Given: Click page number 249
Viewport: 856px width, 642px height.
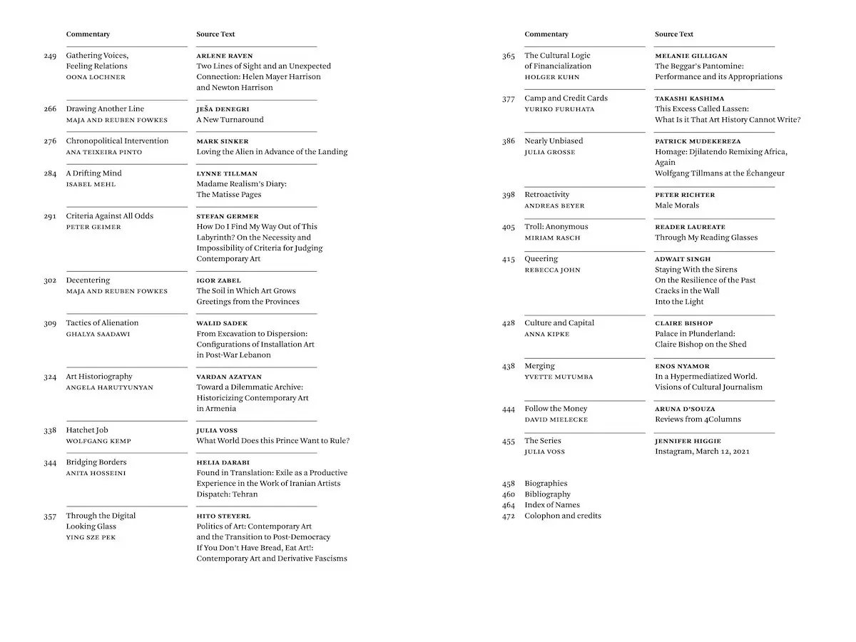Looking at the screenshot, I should [50, 56].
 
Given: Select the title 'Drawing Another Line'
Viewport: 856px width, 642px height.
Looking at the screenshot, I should [105, 109].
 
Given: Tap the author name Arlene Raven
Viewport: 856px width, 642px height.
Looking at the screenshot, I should [225, 56].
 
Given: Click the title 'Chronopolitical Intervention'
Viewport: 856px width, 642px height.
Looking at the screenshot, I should [117, 141].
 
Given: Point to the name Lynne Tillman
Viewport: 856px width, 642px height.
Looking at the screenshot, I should [227, 173].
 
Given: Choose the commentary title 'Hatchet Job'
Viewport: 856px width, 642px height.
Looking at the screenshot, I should [87, 430].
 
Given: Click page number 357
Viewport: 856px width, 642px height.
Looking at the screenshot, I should [50, 516].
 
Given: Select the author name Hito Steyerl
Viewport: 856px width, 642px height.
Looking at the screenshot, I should [223, 516].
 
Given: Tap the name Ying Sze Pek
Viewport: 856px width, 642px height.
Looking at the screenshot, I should [91, 537].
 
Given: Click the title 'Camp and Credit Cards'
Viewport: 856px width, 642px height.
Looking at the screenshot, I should [566, 98].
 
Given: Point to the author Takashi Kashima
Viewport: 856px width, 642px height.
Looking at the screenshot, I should [689, 98].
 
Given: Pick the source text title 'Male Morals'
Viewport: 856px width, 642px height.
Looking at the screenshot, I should [677, 205].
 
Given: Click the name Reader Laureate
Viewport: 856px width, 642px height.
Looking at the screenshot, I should [690, 227].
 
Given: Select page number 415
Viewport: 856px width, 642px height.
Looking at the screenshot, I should [508, 260].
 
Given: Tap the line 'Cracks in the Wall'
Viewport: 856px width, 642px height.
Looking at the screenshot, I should [687, 291].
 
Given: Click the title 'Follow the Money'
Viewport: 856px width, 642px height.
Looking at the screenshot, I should [556, 409].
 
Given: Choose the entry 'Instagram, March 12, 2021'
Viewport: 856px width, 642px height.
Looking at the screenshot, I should [702, 452].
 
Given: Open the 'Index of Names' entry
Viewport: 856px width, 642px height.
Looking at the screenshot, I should [551, 505].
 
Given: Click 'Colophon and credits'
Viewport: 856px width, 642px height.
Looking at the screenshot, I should [562, 516].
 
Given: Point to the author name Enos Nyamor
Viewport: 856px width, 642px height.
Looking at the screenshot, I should [682, 366].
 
